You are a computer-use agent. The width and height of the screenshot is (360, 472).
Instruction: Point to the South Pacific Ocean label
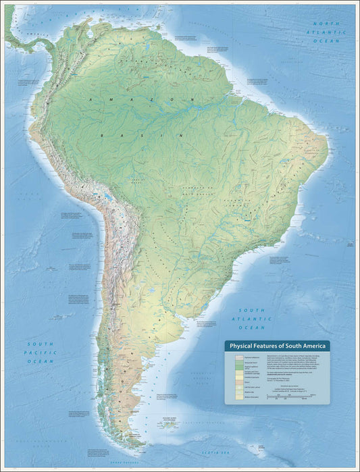40,352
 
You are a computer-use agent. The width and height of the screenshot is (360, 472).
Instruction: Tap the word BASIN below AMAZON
142,135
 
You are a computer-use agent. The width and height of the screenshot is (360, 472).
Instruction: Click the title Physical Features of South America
277,346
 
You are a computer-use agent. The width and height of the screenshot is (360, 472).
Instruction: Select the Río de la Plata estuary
177,310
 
